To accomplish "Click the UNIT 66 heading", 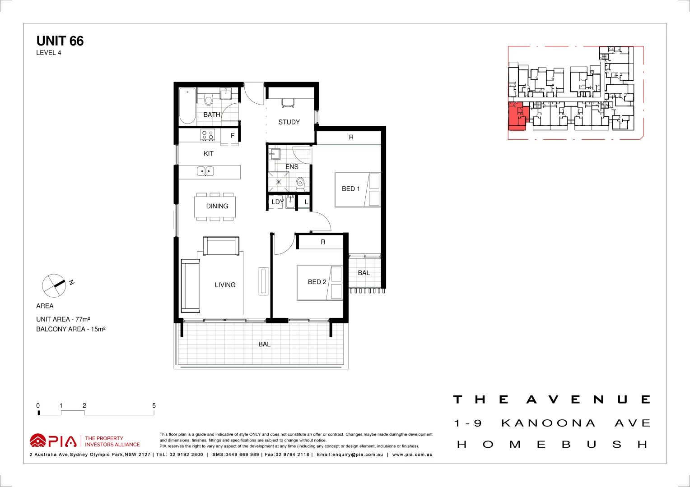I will click(x=60, y=41).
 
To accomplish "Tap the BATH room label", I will click(x=211, y=115).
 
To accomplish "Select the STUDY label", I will click(x=289, y=122).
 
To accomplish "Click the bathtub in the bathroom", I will click(x=187, y=106).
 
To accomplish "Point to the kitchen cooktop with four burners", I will click(x=208, y=135).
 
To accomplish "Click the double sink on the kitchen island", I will click(x=205, y=171).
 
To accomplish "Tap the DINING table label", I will click(x=217, y=206).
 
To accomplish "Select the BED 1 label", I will click(x=350, y=189).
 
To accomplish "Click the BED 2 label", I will click(x=317, y=282).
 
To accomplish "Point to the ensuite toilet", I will click(x=300, y=184).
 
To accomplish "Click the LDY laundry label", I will click(x=277, y=202).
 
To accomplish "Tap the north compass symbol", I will click(x=55, y=285).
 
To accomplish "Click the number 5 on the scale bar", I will click(x=154, y=406).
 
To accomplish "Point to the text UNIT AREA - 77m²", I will click(x=63, y=319).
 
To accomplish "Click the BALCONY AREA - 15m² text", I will click(x=71, y=329).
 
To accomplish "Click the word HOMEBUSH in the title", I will click(x=553, y=445).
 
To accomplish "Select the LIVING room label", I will click(x=225, y=285).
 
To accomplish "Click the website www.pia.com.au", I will click(x=412, y=455).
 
